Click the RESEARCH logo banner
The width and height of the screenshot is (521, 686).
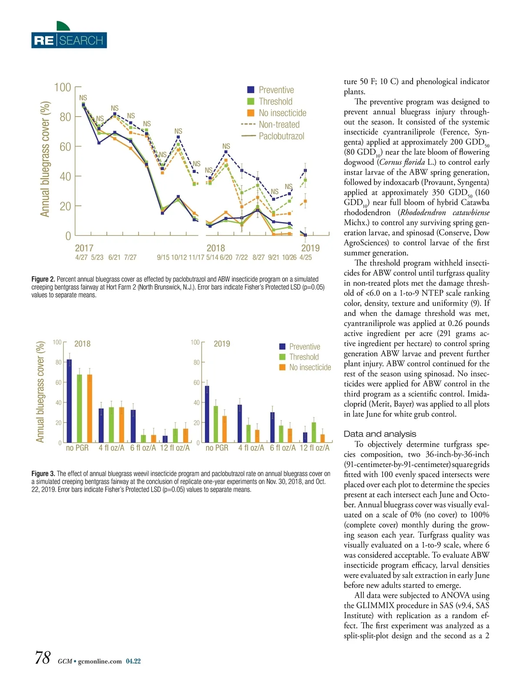[69, 40]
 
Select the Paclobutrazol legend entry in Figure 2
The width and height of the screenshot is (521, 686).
[281, 136]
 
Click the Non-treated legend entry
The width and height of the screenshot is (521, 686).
[279, 124]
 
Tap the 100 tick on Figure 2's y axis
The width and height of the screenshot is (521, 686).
[63, 88]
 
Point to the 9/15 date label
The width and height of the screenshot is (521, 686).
[163, 258]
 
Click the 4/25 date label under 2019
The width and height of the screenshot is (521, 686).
[306, 258]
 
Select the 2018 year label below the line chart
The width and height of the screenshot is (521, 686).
[216, 248]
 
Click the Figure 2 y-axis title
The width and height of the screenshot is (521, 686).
[45, 159]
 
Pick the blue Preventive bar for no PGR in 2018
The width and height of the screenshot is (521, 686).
[69, 401]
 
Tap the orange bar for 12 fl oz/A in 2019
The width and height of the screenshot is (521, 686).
[323, 438]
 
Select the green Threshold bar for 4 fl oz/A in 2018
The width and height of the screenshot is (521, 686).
[112, 425]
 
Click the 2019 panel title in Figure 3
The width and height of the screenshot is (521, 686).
[222, 344]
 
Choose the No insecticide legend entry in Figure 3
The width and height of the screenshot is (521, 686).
[310, 367]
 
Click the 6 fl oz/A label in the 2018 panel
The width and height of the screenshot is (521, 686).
[143, 448]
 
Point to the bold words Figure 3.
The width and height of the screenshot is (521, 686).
[43, 474]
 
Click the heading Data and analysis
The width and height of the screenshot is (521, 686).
[380, 434]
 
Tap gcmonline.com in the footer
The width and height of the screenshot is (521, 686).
[100, 661]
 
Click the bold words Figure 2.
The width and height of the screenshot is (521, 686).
[43, 279]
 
